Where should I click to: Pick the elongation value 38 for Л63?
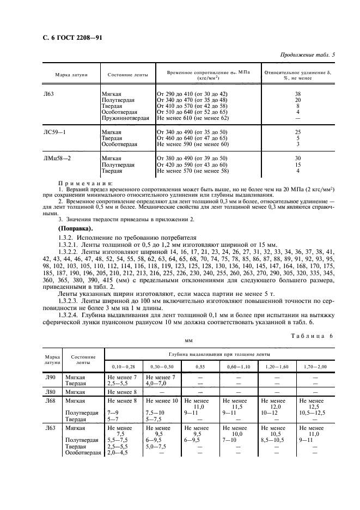click(x=297, y=94)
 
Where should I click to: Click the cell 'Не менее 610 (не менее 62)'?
click(x=192, y=118)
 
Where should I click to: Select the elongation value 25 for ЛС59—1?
click(x=297, y=132)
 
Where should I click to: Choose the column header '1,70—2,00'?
click(x=315, y=367)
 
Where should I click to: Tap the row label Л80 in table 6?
click(x=49, y=392)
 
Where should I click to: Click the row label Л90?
click(x=49, y=377)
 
